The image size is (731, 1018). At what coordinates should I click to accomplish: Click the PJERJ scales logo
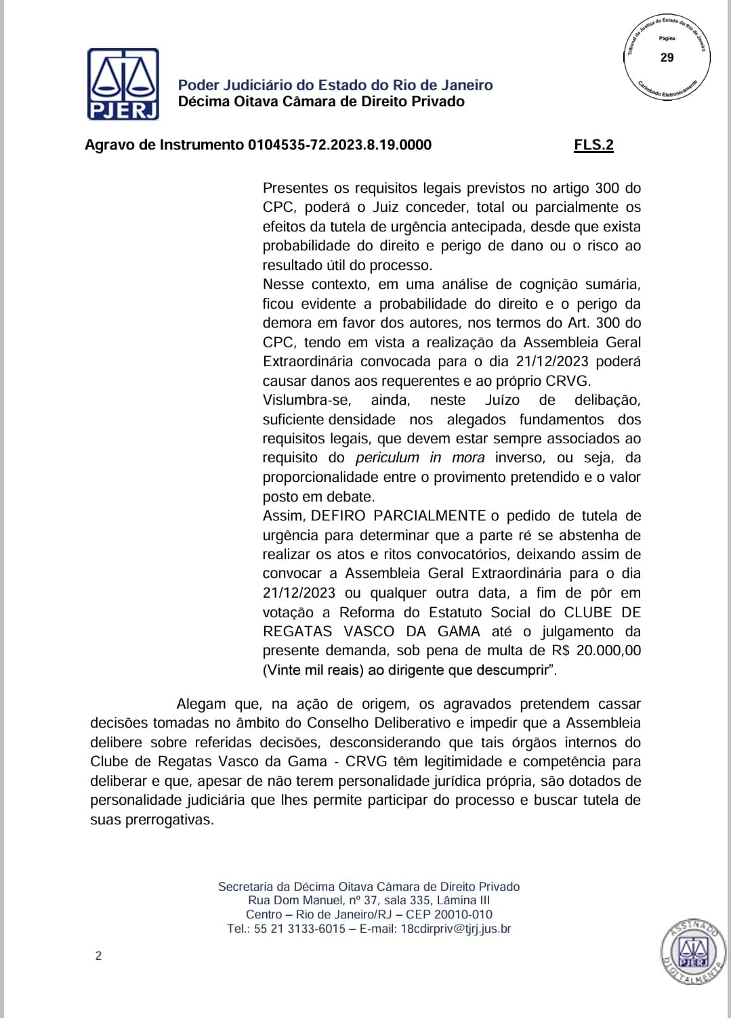tap(123, 84)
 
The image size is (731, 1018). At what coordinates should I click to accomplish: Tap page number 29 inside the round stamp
tap(667, 58)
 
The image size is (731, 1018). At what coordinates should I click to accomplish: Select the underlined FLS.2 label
tap(593, 145)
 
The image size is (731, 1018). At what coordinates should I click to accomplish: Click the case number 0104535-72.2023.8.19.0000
tap(339, 145)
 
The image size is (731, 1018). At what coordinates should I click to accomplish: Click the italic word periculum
tap(388, 458)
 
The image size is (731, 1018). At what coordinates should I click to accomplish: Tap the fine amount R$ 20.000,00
tap(596, 651)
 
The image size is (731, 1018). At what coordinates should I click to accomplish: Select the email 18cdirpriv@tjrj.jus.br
tap(456, 929)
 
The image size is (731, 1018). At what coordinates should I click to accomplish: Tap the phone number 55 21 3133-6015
tap(299, 929)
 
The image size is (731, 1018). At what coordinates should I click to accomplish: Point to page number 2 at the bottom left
tap(98, 956)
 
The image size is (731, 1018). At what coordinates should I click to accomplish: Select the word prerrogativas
tap(169, 820)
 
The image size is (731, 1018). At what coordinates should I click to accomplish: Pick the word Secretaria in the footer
tap(245, 887)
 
